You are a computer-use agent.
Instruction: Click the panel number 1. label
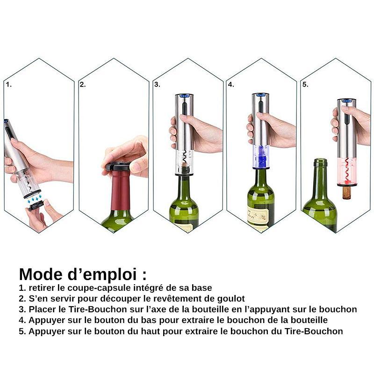(x=8, y=85)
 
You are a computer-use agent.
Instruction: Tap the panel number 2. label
(x=83, y=85)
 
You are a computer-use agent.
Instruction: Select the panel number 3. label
(x=157, y=85)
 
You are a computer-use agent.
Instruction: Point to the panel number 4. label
(x=231, y=85)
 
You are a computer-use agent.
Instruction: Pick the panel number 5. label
(x=305, y=85)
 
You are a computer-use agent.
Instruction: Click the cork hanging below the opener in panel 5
(x=346, y=192)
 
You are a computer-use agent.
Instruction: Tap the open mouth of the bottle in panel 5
(x=320, y=162)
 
